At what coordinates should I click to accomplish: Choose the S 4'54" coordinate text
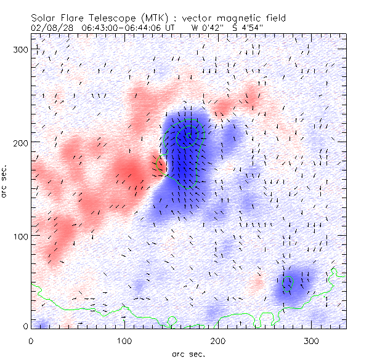[246, 28]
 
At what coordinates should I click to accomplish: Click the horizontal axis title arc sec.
[188, 353]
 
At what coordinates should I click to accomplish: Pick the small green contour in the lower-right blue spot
[286, 282]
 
